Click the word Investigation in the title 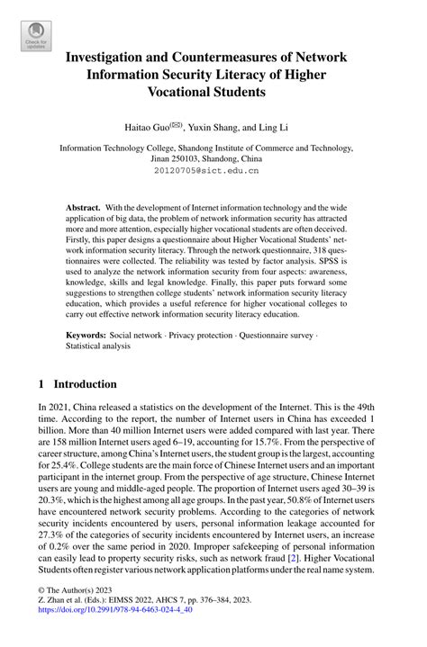coord(118,57)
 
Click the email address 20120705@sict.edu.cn coord(213,168)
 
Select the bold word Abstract coord(83,207)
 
